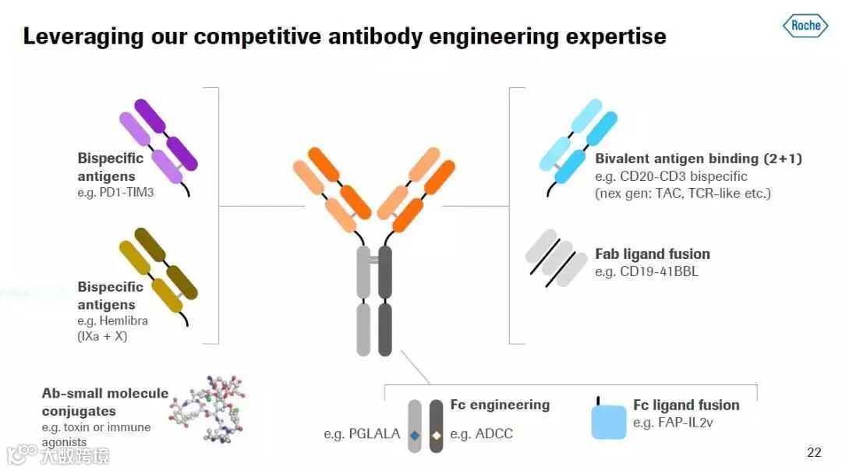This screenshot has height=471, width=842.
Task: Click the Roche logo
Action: (x=806, y=26)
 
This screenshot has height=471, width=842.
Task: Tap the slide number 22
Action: (x=814, y=452)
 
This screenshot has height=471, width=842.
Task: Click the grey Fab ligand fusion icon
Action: (x=556, y=257)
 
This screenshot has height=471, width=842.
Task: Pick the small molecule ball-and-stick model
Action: (x=209, y=408)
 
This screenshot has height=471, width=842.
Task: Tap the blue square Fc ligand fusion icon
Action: (x=609, y=421)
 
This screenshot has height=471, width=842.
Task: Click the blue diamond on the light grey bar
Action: (x=416, y=434)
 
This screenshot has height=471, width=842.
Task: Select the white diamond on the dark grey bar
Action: (x=437, y=434)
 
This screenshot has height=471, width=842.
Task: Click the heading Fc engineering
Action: (x=500, y=405)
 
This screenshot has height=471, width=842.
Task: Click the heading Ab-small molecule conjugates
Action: (x=105, y=402)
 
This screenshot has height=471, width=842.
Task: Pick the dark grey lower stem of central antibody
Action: (x=384, y=329)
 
